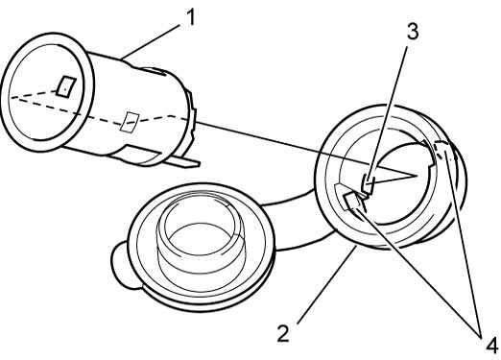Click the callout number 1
pos(191,16)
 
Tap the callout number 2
pos(283,333)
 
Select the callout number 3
pos(413,32)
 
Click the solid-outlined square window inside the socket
pos(66,85)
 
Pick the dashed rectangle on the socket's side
pos(129,122)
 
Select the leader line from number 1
pos(150,42)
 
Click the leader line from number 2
pos(327,285)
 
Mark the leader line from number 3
pos(387,116)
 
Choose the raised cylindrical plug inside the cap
pos(201,238)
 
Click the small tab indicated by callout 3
pos(368,183)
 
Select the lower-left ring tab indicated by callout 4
pos(351,202)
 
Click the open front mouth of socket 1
pos(48,91)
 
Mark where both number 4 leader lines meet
pos(481,335)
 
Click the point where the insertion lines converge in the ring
pos(417,175)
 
